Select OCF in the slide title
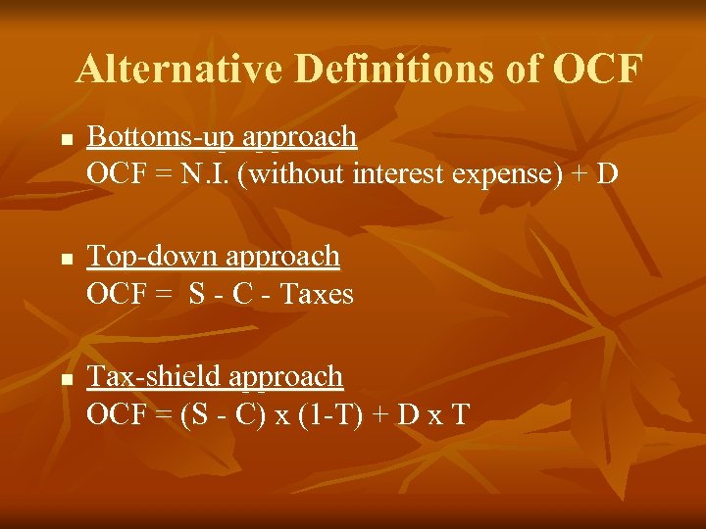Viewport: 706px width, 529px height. (x=598, y=70)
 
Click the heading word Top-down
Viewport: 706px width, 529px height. (x=152, y=257)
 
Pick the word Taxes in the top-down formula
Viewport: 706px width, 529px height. (x=318, y=293)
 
